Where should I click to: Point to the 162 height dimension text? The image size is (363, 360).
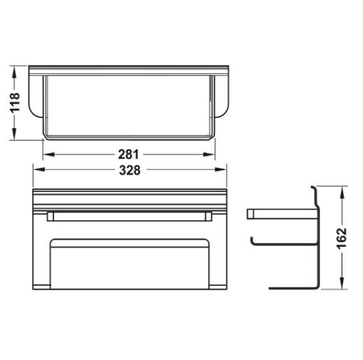tap(342, 238)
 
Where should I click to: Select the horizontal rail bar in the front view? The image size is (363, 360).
tap(129, 215)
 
